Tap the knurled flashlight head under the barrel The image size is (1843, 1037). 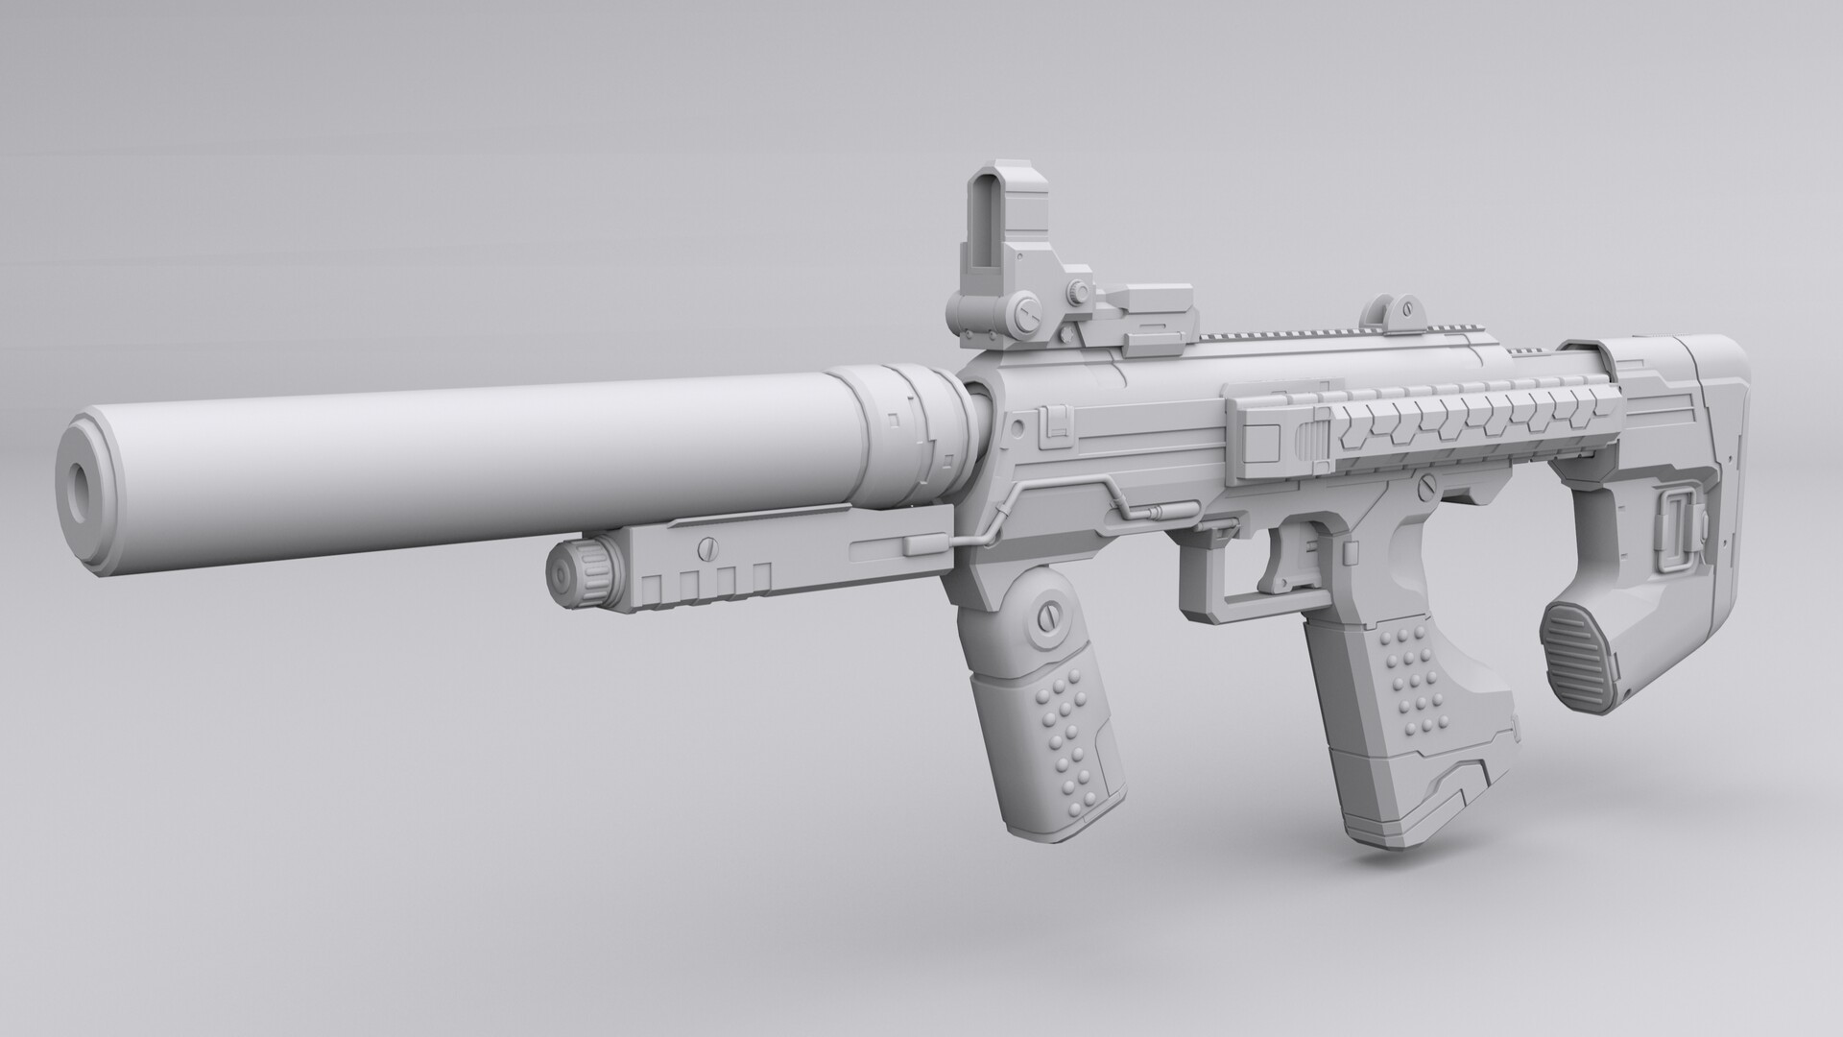pos(575,573)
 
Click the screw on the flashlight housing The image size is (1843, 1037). pos(708,548)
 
